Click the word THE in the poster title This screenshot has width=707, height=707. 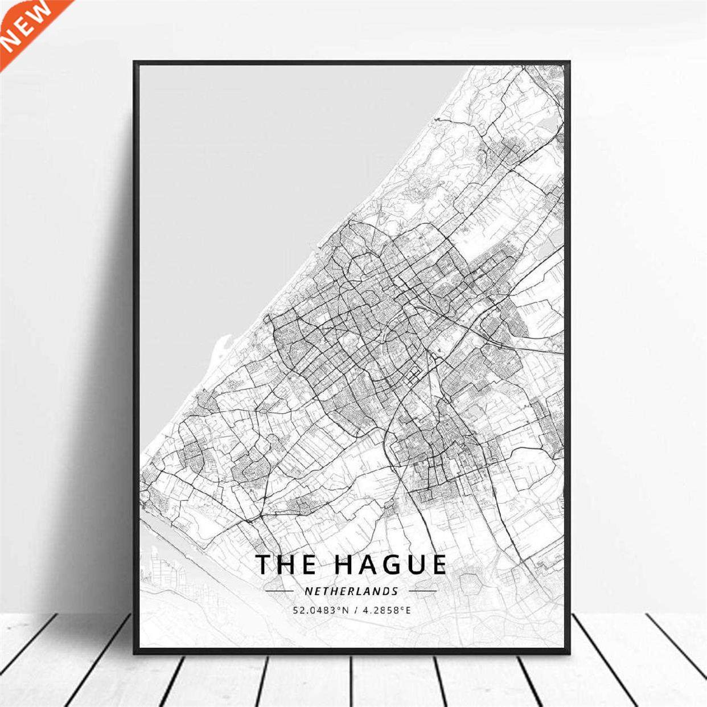(x=286, y=564)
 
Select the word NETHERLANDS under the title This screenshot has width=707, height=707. (x=351, y=591)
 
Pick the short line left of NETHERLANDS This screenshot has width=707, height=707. (x=279, y=591)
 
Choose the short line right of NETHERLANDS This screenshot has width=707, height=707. (x=423, y=591)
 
